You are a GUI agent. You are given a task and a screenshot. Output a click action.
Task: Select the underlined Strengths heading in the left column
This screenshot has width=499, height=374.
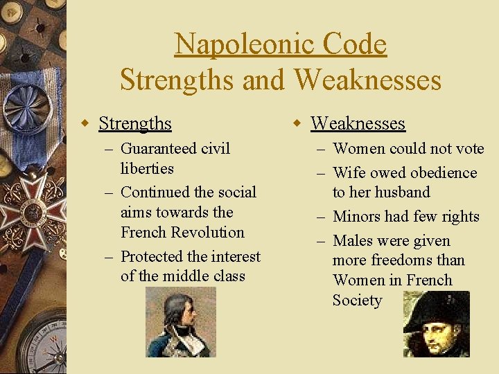(135, 123)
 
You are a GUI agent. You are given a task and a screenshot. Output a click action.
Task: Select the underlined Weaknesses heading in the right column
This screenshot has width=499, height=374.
(358, 123)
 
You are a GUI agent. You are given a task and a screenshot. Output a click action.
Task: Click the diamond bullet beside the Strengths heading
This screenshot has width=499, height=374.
(85, 124)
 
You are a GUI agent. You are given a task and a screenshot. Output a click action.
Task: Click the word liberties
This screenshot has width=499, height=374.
(147, 168)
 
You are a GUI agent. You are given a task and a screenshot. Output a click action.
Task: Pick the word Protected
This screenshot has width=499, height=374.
(152, 256)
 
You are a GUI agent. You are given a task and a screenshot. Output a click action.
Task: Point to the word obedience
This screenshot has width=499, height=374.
(441, 172)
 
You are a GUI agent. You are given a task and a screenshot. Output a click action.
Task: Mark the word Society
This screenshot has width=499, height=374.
(357, 300)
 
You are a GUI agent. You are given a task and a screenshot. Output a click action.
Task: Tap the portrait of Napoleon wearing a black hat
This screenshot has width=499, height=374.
(437, 324)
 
